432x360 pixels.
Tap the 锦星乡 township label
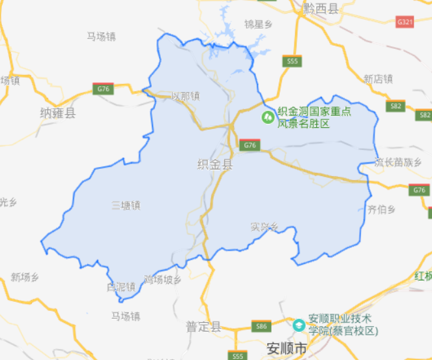(x=257, y=24)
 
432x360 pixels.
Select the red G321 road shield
(x=405, y=22)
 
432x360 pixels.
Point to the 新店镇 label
(x=378, y=79)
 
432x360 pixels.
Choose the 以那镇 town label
(x=185, y=96)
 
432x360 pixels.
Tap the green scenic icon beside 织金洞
(x=267, y=117)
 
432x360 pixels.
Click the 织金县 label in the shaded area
(x=214, y=165)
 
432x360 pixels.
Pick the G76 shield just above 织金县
(x=248, y=145)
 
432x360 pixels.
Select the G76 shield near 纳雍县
(x=103, y=89)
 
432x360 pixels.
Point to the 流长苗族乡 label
(x=398, y=162)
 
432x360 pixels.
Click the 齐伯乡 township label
(x=382, y=209)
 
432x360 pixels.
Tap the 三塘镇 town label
(x=126, y=205)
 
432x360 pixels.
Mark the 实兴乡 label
(x=265, y=227)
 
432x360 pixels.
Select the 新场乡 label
(x=25, y=277)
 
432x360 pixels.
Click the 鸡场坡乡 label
(x=162, y=280)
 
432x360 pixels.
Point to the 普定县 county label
(x=203, y=327)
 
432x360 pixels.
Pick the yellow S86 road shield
(x=261, y=325)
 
